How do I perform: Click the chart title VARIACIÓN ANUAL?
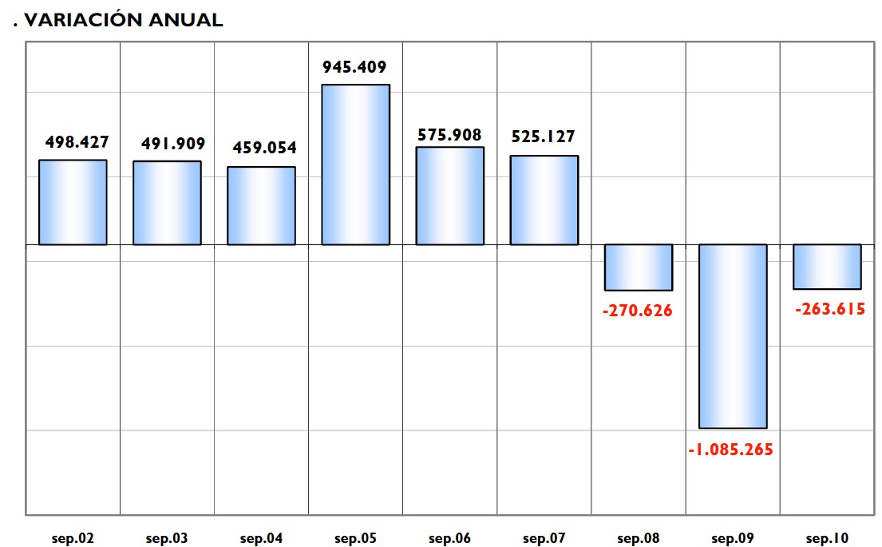click(x=123, y=21)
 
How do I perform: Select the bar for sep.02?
click(x=73, y=202)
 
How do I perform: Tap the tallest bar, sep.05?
click(x=355, y=164)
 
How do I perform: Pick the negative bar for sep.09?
click(x=733, y=336)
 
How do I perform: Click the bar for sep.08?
click(x=639, y=268)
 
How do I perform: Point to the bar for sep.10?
click(x=827, y=267)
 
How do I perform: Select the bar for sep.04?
click(x=261, y=205)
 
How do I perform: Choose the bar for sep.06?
click(x=449, y=196)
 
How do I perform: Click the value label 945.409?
click(x=354, y=67)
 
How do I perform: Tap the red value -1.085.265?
click(x=730, y=450)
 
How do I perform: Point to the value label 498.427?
click(x=77, y=142)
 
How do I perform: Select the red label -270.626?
click(x=637, y=311)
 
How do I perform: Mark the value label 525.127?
click(x=543, y=137)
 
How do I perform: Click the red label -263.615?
click(x=830, y=309)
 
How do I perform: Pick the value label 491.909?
click(x=173, y=144)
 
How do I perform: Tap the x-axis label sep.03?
click(x=167, y=539)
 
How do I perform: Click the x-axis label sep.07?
click(x=544, y=539)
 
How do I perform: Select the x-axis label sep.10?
click(x=827, y=539)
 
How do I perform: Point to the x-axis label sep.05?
click(x=355, y=539)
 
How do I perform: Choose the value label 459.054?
click(x=264, y=148)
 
